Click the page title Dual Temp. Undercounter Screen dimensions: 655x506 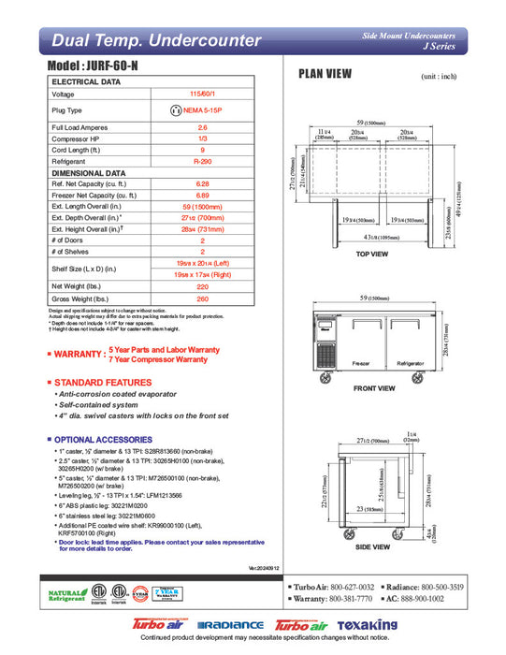(156, 40)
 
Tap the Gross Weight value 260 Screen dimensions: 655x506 (201, 298)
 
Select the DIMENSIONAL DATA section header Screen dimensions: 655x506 (89, 172)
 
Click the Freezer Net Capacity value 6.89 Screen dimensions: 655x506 (201, 196)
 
